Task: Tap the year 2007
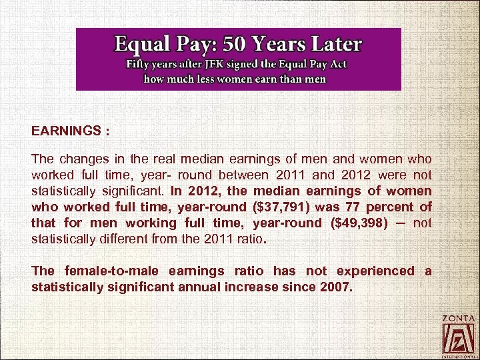click(333, 287)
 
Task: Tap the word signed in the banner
click(247, 65)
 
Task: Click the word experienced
click(375, 271)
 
